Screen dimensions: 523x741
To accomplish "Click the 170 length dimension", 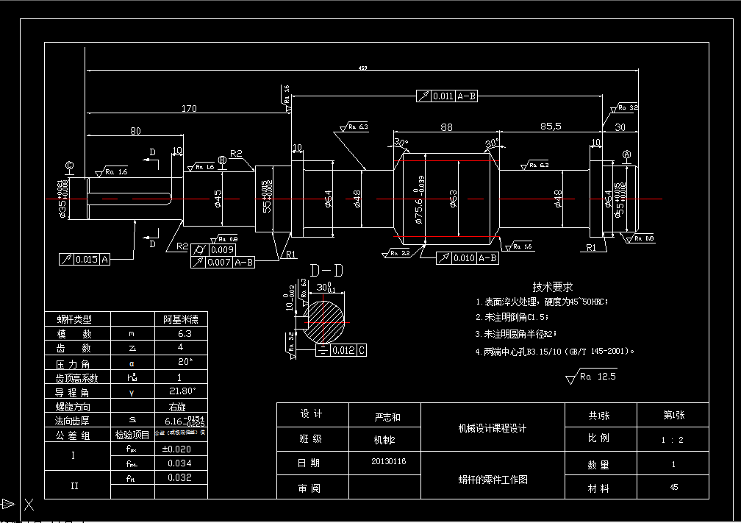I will (188, 109).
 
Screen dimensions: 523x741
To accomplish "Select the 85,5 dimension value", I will (551, 127).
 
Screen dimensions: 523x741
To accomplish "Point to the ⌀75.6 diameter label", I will (420, 210).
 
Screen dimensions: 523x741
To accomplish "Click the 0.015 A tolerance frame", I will (85, 259).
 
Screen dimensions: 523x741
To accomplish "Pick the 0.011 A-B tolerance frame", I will (447, 96).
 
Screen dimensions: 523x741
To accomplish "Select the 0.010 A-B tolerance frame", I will (468, 258).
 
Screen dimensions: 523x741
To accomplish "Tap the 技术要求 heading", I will (553, 287).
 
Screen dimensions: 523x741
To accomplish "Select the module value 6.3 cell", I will (179, 333).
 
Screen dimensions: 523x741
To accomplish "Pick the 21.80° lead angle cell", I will (179, 391).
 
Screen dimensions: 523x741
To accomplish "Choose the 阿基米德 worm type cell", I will (179, 319).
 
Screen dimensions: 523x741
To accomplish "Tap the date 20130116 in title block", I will (389, 461).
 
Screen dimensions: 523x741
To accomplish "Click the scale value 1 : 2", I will (673, 439).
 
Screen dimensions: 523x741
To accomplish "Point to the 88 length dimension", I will (446, 127).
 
